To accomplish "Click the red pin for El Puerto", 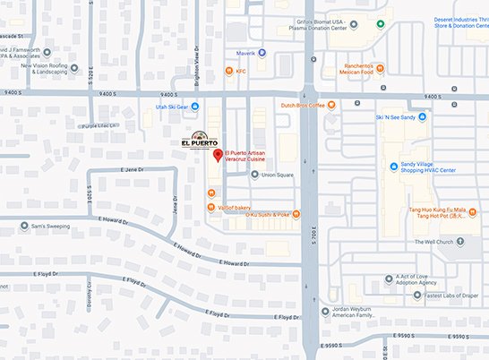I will click(217, 156).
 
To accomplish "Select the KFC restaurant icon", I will click(230, 72).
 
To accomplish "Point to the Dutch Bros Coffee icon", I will click(331, 105).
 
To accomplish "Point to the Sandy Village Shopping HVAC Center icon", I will click(394, 167).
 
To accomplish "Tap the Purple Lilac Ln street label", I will click(99, 126).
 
